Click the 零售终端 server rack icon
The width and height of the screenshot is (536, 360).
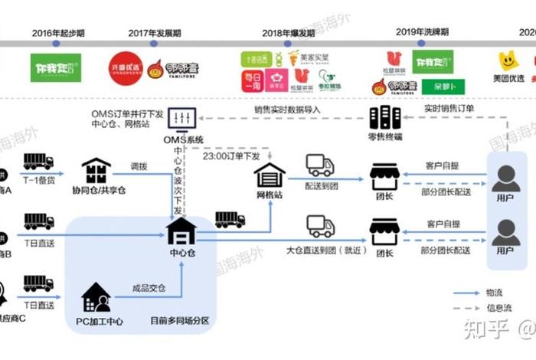point(385,118)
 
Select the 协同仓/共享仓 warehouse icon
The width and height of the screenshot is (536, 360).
point(97,171)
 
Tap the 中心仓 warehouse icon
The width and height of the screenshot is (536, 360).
point(181,231)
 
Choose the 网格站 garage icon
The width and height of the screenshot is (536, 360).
point(270,176)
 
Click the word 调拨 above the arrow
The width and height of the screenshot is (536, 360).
point(138,165)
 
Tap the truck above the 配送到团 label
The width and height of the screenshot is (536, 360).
point(319,165)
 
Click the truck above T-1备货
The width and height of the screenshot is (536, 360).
point(38,162)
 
